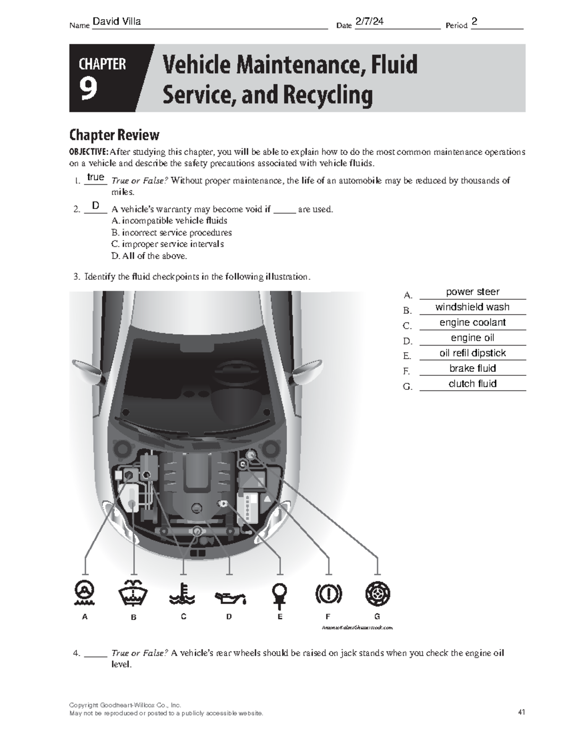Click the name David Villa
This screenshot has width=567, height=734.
pyautogui.click(x=117, y=21)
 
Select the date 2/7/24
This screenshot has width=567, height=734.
pyautogui.click(x=369, y=21)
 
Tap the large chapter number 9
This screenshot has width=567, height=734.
pyautogui.click(x=88, y=89)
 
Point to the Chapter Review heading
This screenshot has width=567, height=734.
pyautogui.click(x=114, y=135)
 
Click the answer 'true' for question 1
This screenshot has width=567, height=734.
pyautogui.click(x=95, y=177)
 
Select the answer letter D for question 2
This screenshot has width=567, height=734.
pyautogui.click(x=96, y=206)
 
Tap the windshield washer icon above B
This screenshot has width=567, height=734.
pyautogui.click(x=133, y=593)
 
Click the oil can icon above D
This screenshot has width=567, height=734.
pyautogui.click(x=230, y=598)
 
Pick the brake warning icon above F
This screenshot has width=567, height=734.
pyautogui.click(x=328, y=594)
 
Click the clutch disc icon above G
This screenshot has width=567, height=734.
pyautogui.click(x=378, y=594)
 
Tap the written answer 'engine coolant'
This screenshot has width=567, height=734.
pyautogui.click(x=472, y=322)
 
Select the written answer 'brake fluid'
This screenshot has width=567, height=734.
pyautogui.click(x=472, y=368)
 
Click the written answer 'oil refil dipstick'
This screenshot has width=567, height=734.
pyautogui.click(x=472, y=353)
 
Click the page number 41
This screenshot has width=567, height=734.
pyautogui.click(x=521, y=712)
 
